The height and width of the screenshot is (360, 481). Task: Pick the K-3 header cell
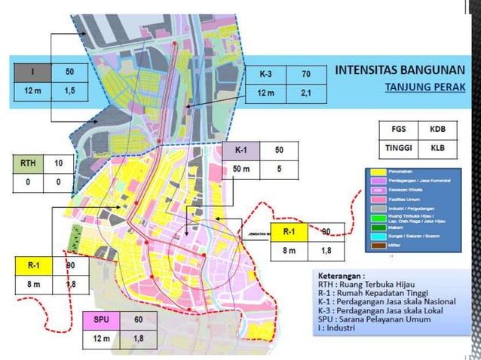point(267,75)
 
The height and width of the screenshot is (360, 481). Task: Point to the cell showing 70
point(305,75)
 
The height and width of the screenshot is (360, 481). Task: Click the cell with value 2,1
point(305,93)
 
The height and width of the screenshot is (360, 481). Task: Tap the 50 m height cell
point(241,169)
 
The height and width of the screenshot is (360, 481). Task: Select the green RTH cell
point(29,163)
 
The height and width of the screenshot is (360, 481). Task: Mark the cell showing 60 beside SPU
point(137,319)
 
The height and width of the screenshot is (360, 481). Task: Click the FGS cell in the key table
point(397,129)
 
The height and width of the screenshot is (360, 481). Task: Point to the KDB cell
point(437,129)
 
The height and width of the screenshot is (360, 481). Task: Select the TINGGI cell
point(397,148)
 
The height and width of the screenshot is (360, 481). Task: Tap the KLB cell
point(437,148)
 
